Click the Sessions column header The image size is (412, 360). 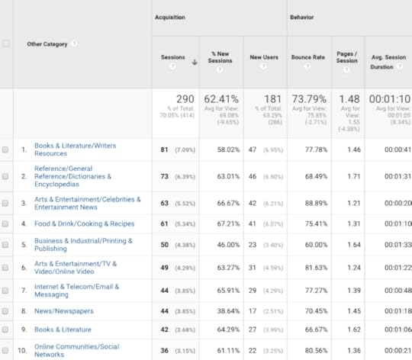click(172, 57)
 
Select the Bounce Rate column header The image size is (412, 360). click(308, 57)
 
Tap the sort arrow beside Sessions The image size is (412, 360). click(195, 63)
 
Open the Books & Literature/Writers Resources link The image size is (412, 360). click(75, 149)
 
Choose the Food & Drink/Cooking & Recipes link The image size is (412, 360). click(84, 224)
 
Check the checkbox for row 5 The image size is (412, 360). click(5, 246)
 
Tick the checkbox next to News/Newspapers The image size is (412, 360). click(5, 311)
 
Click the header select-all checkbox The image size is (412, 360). click(5, 44)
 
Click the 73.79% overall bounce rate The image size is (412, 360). click(308, 100)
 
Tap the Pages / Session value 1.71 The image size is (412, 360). click(352, 176)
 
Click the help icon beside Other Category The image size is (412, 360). click(74, 44)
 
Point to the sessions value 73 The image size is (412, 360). click(164, 176)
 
